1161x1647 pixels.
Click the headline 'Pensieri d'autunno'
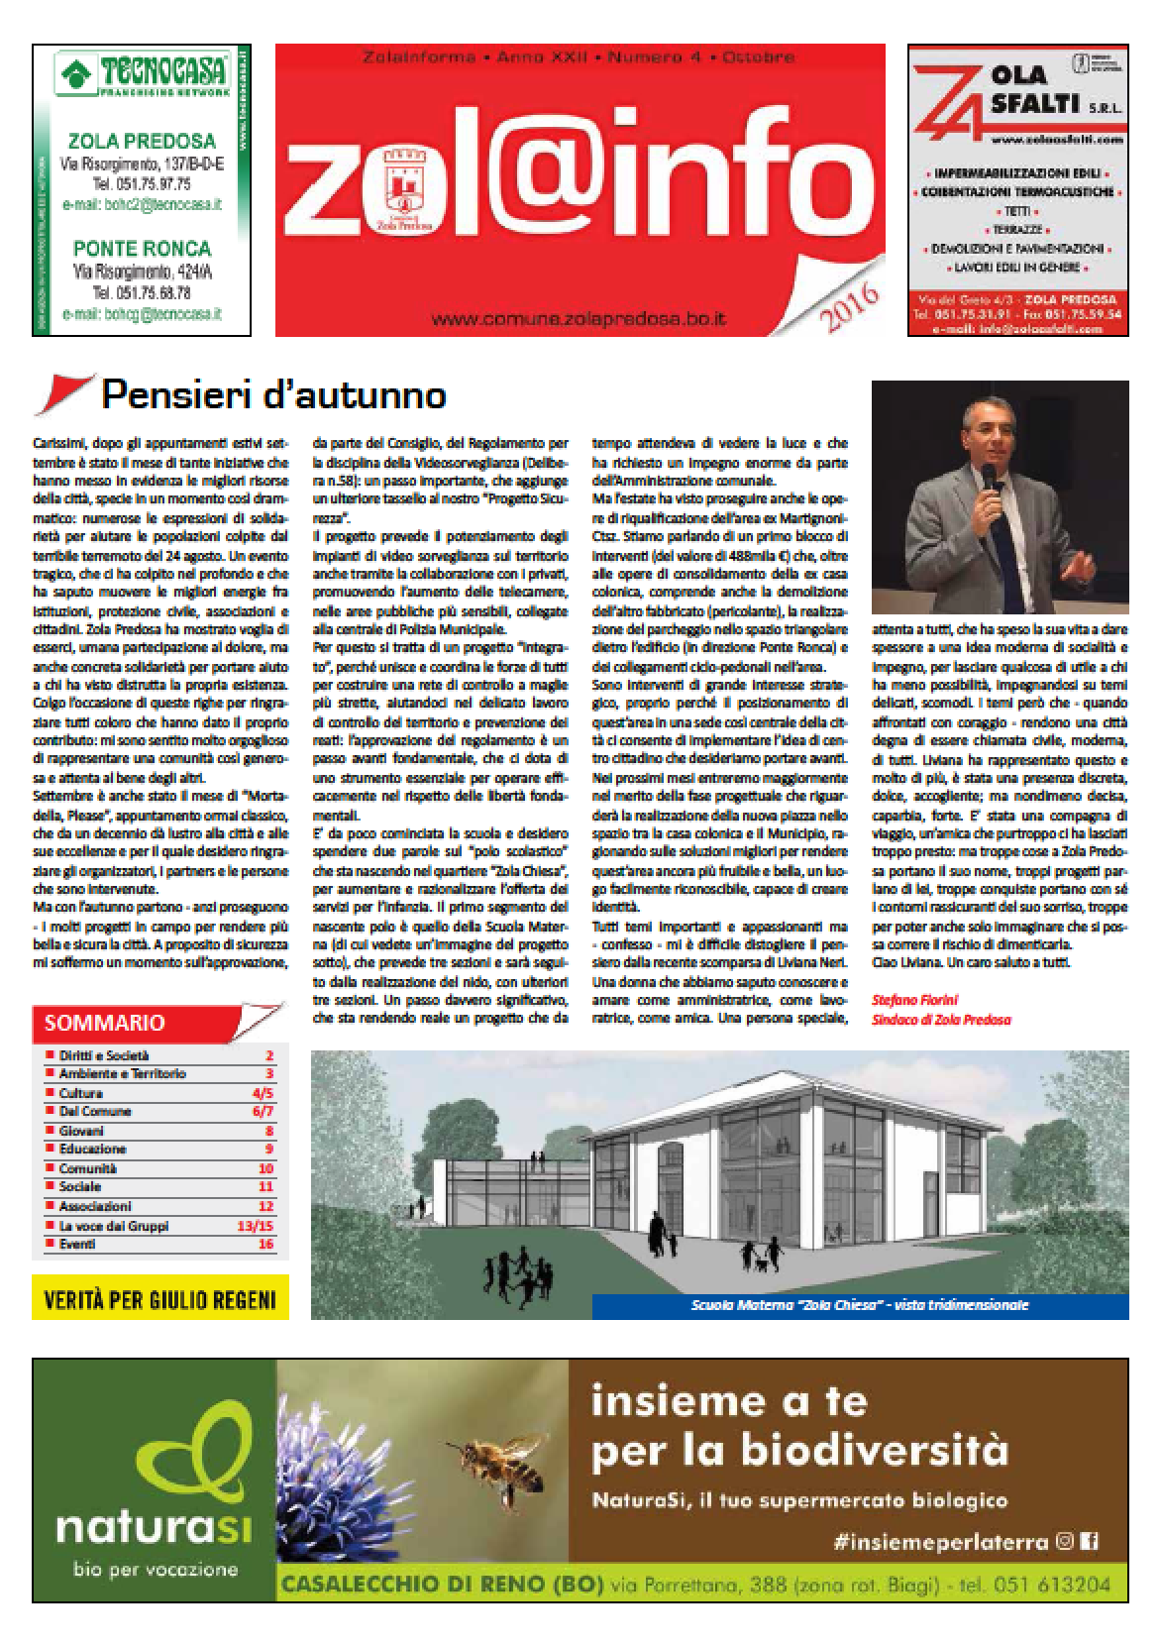point(272,395)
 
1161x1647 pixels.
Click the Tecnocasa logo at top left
point(142,75)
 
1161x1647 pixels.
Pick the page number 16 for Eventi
point(265,1244)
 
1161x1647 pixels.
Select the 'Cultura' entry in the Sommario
point(81,1093)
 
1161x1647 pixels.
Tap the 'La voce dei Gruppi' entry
point(114,1226)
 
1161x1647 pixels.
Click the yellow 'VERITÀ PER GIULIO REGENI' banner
point(159,1298)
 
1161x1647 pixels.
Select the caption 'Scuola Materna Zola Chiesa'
point(859,1305)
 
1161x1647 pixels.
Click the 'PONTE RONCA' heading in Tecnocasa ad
point(141,248)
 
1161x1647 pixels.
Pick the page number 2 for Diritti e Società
point(269,1055)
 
